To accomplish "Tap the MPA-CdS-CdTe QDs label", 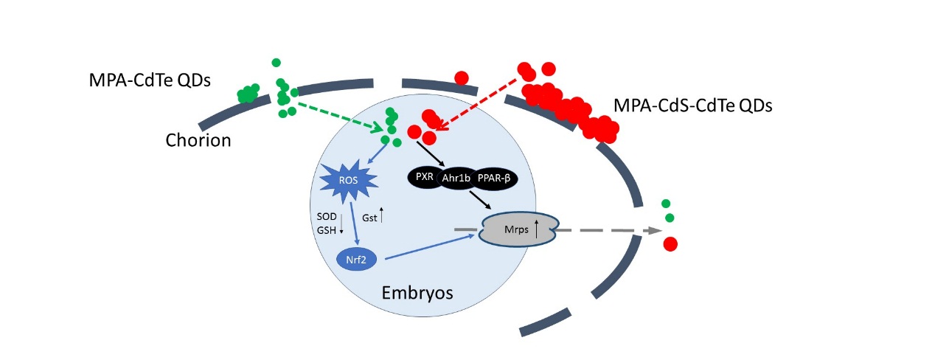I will tap(692, 106).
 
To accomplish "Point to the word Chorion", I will tap(198, 139).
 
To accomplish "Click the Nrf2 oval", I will tap(352, 259).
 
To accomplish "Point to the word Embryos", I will tap(417, 293).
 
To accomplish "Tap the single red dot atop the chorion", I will tap(462, 77).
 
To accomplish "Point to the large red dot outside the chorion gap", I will tap(671, 244).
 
